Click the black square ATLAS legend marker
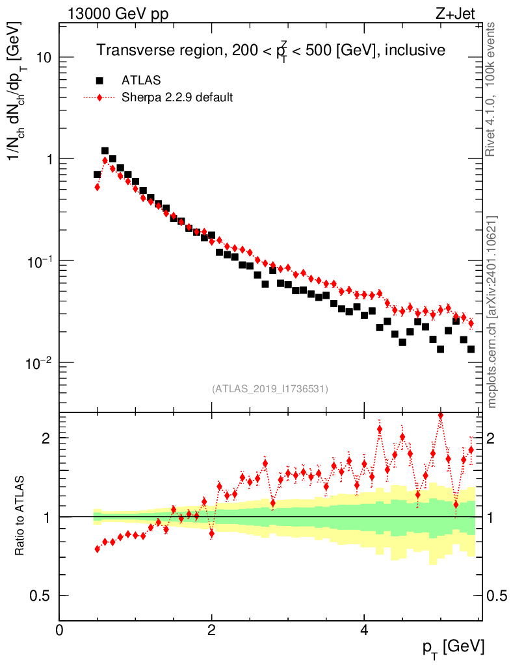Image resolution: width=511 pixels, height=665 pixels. click(x=99, y=81)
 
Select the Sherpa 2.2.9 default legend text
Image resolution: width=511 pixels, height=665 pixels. click(x=177, y=97)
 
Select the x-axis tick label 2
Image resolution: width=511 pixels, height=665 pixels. click(x=211, y=629)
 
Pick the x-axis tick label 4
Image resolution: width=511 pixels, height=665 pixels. click(x=364, y=629)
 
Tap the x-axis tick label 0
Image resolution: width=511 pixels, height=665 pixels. click(x=59, y=629)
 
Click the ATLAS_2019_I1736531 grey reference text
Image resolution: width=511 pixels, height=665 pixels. click(x=270, y=389)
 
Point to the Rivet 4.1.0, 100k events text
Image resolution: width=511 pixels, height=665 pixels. click(x=492, y=90)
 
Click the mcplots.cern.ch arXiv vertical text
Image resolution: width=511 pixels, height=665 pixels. click(x=492, y=312)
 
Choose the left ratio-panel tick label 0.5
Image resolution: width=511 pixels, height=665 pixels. click(x=40, y=595)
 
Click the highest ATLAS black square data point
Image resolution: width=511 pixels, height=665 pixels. click(x=105, y=151)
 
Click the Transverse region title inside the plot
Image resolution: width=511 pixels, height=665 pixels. click(x=270, y=51)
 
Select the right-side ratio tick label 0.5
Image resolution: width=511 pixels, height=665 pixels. click(x=498, y=595)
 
